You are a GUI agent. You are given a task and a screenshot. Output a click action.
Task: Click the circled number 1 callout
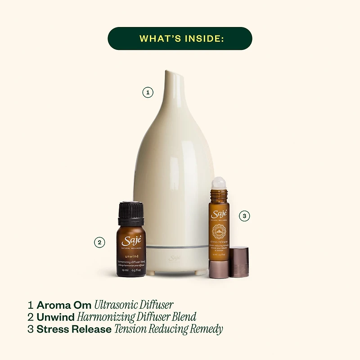pos(148,93)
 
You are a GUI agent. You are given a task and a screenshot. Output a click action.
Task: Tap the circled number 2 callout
pos(99,242)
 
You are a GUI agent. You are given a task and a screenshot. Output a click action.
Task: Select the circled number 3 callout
pos(243,216)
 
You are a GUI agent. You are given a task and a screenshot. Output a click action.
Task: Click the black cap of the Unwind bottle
pos(131,213)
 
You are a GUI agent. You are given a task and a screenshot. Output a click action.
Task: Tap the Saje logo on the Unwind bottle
pos(131,240)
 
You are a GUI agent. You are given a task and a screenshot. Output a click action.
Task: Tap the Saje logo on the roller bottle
pos(219,213)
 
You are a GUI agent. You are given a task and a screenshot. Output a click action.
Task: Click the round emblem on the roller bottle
pos(219,232)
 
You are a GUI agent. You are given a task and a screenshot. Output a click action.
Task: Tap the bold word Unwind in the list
pos(55,317)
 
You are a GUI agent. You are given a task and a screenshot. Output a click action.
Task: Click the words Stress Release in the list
pos(74,329)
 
